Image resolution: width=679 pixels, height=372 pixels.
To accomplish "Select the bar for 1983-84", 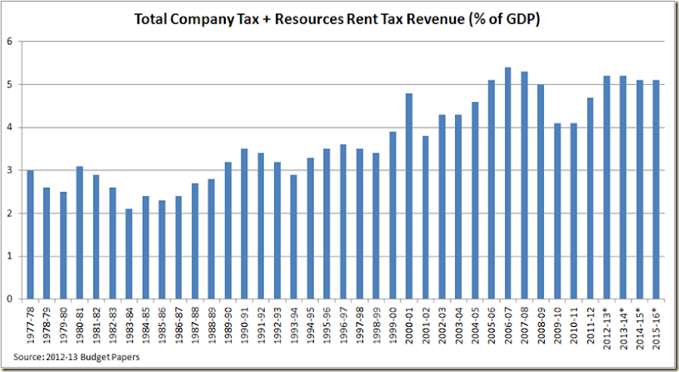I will coord(129,254).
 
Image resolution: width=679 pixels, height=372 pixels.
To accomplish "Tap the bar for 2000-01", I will coord(409,196).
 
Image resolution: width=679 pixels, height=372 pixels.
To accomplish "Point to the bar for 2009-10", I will coord(558,211).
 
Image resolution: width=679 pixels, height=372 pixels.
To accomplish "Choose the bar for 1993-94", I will coord(294,237).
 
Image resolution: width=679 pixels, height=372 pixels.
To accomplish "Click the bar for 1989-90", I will coord(227,230).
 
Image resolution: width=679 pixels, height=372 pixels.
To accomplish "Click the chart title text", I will coord(340,18).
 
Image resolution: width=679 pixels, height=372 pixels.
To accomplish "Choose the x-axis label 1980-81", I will coord(80,323).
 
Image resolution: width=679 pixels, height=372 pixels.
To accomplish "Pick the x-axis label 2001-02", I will coord(426,323).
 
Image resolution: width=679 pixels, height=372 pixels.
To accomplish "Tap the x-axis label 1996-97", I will coord(344,323).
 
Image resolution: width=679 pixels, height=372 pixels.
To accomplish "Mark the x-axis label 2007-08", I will coord(525,323).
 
